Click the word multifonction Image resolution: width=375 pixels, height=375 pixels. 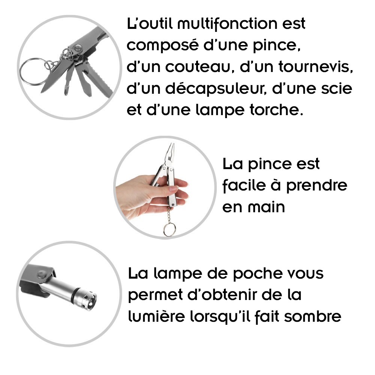point(227,24)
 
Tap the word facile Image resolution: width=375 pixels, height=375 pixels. point(244,185)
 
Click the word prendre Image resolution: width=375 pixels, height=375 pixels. point(316,186)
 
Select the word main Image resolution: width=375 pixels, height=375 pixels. point(266,207)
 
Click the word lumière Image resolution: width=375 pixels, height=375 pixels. point(156,316)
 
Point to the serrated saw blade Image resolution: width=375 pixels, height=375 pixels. point(99,79)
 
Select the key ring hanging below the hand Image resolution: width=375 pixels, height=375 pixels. point(169,229)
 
